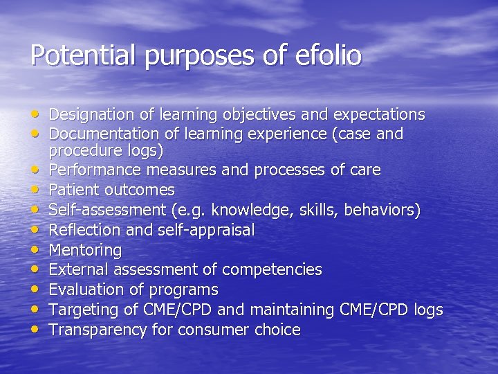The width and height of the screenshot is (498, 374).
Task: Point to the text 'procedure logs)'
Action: pos(106,150)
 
